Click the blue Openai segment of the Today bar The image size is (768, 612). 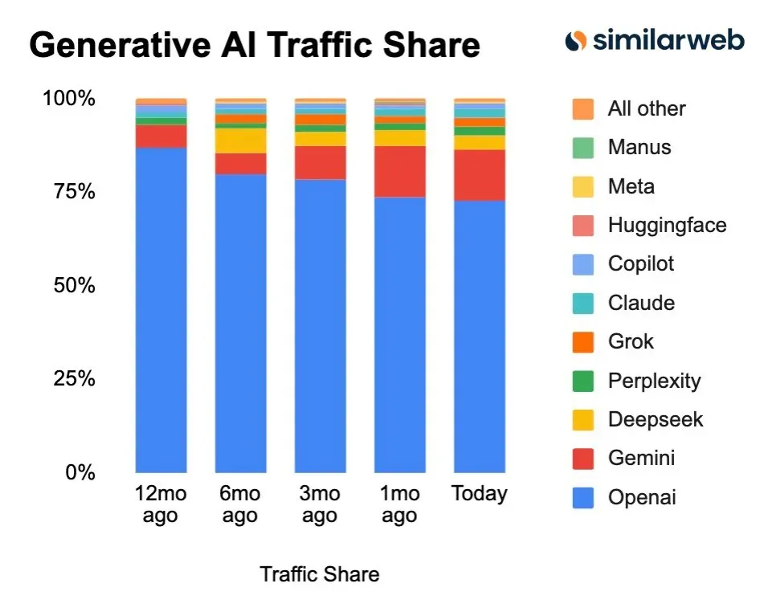pos(480,337)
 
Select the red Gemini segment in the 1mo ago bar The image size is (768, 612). pos(399,172)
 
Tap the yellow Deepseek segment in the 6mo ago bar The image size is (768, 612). pos(240,141)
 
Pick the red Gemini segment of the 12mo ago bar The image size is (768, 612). pos(161,137)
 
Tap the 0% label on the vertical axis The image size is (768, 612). pos(80,472)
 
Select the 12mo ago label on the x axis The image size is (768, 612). pos(160,504)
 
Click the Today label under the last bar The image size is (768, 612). pos(480,493)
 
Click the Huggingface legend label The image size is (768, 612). pos(667,225)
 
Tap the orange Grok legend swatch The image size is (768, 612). pos(583,341)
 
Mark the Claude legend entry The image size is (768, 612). pos(640,303)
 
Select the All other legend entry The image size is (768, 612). pos(646,108)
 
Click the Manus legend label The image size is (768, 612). pos(639,147)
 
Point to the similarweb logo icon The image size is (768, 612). pos(575,40)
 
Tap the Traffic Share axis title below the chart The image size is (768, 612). pos(319,574)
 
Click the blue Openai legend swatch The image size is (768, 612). pos(583,497)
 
